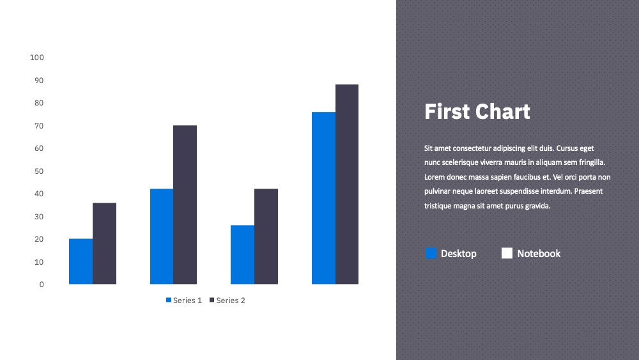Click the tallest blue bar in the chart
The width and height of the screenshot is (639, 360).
pos(323,198)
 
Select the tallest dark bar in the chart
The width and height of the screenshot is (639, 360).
pos(347,184)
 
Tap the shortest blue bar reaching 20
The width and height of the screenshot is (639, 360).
pos(81,262)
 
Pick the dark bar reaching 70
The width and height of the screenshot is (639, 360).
pos(185,205)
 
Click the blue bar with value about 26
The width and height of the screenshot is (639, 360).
pos(242,254)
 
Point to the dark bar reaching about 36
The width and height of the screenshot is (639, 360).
pos(104,244)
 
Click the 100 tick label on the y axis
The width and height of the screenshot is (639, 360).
pos(36,58)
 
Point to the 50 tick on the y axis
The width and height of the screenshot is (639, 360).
pos(39,171)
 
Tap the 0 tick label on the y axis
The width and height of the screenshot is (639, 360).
pos(42,285)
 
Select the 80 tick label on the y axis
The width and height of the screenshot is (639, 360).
pos(39,103)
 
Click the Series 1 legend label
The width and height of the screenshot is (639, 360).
pos(187,301)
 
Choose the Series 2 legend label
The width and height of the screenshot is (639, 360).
pos(231,301)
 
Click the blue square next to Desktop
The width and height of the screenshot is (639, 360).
pos(431,253)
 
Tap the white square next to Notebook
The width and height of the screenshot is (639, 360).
pos(507,253)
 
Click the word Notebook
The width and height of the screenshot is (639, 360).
pos(539,254)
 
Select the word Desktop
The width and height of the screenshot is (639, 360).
pos(458,254)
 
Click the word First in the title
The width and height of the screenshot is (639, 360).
pos(447,111)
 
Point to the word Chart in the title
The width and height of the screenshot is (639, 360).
pos(502,111)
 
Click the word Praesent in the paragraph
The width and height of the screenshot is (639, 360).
pos(588,191)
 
